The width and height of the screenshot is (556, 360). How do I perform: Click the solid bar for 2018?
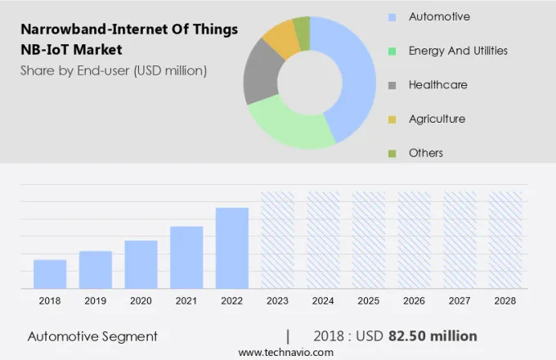tap(50, 274)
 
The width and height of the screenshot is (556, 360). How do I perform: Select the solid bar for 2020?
tap(141, 264)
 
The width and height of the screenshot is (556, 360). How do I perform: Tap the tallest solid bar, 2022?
tap(231, 248)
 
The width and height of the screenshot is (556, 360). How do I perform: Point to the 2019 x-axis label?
tap(96, 301)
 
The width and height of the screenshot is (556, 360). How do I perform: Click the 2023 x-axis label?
tap(277, 301)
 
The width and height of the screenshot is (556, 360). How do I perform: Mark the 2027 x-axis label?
tap(460, 301)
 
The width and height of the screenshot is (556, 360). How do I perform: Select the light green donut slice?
tap(286, 126)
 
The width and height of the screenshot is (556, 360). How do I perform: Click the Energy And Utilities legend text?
tap(458, 51)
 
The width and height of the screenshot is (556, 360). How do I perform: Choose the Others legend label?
tap(426, 153)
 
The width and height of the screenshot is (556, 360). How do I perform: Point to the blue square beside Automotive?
tap(392, 17)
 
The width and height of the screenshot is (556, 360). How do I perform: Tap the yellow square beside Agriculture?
tap(392, 119)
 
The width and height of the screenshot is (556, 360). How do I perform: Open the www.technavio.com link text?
tap(286, 352)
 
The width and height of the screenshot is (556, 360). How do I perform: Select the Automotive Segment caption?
tap(92, 336)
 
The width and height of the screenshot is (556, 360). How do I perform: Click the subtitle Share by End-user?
tap(114, 70)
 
